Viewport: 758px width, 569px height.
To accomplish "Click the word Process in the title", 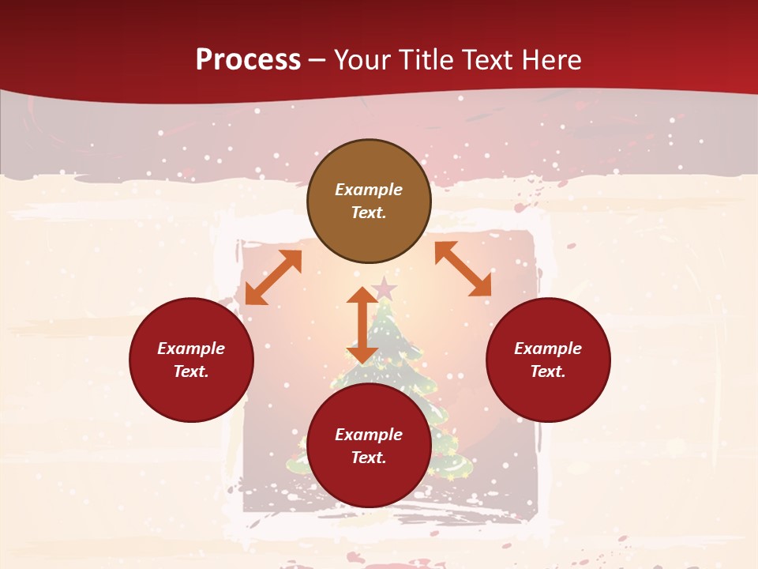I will click(x=248, y=60).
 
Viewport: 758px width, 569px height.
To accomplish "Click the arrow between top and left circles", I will click(x=273, y=277).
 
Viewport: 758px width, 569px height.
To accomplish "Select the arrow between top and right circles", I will click(x=463, y=269).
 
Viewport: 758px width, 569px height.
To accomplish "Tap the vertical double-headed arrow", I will click(x=362, y=325).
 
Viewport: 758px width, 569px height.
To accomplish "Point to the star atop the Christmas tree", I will click(x=385, y=289).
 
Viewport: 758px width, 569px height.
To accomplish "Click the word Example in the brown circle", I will click(x=369, y=190).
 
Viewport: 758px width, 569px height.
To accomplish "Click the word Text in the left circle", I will click(x=190, y=371).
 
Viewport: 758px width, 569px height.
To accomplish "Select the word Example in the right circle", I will click(x=548, y=349).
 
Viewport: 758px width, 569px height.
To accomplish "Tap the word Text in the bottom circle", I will click(x=368, y=458).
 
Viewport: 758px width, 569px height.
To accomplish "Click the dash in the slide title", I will click(x=317, y=60).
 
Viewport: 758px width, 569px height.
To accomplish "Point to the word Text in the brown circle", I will click(x=368, y=213).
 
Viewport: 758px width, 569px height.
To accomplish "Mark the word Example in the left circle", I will click(x=191, y=349).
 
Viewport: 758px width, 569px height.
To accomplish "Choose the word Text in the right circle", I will click(x=546, y=371).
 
